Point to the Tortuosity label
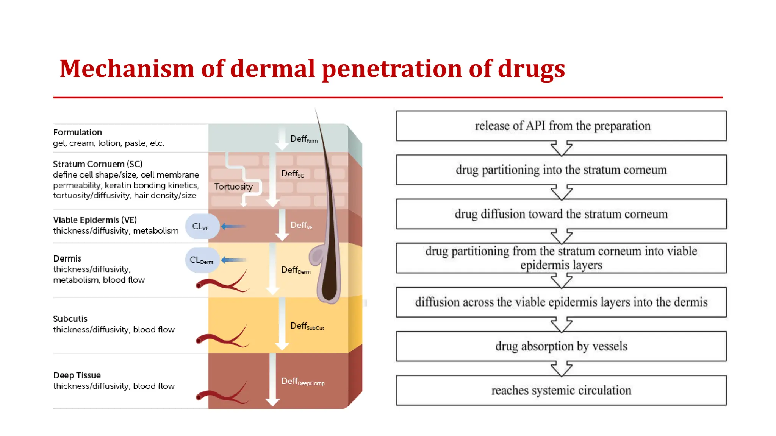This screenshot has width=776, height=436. [233, 187]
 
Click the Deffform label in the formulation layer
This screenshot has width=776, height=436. [304, 139]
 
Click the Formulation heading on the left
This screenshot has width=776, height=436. [78, 132]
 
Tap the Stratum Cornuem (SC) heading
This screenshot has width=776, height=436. [98, 164]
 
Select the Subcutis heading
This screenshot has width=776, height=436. [70, 319]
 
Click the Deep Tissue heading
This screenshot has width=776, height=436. [77, 375]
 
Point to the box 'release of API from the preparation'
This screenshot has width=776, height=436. [561, 126]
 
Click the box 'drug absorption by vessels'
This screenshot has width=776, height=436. [561, 346]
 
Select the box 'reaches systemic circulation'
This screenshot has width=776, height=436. [561, 390]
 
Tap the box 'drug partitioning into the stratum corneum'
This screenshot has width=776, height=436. [561, 170]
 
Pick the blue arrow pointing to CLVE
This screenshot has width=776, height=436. [233, 226]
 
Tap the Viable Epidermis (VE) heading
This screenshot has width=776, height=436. [95, 220]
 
